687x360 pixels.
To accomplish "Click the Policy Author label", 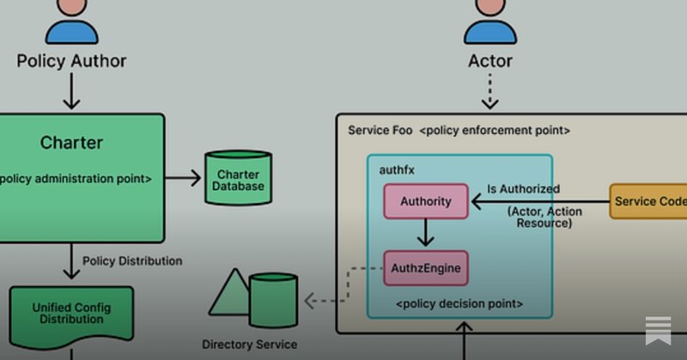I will point(71,61).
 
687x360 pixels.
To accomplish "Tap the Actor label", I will point(490,61).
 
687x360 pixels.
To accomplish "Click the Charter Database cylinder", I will point(238,178).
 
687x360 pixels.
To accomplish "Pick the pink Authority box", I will point(426,202).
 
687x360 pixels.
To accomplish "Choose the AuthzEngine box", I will point(426,268).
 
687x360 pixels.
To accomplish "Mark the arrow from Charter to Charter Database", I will point(183,178).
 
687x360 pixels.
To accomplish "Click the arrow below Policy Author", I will point(71,91).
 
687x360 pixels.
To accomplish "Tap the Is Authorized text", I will point(523,189).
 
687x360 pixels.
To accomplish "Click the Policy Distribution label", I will point(132,260).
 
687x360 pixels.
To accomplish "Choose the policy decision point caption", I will point(459,304).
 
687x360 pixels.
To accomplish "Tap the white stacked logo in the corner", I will point(658,330).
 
